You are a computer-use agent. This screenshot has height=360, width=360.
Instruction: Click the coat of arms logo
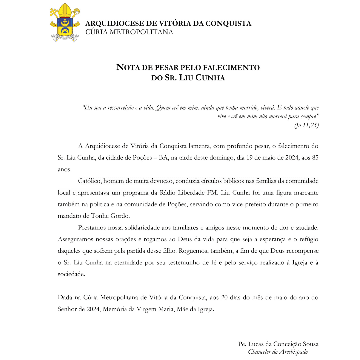(65, 23)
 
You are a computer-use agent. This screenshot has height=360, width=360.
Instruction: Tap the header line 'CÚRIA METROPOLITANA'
(129, 32)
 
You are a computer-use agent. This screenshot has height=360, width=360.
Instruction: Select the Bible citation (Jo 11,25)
(306, 125)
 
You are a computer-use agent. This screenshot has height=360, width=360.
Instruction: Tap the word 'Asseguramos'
(76, 239)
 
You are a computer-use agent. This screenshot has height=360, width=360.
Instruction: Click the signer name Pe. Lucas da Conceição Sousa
(278, 344)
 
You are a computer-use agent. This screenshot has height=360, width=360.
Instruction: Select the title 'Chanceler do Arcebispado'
(278, 352)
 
